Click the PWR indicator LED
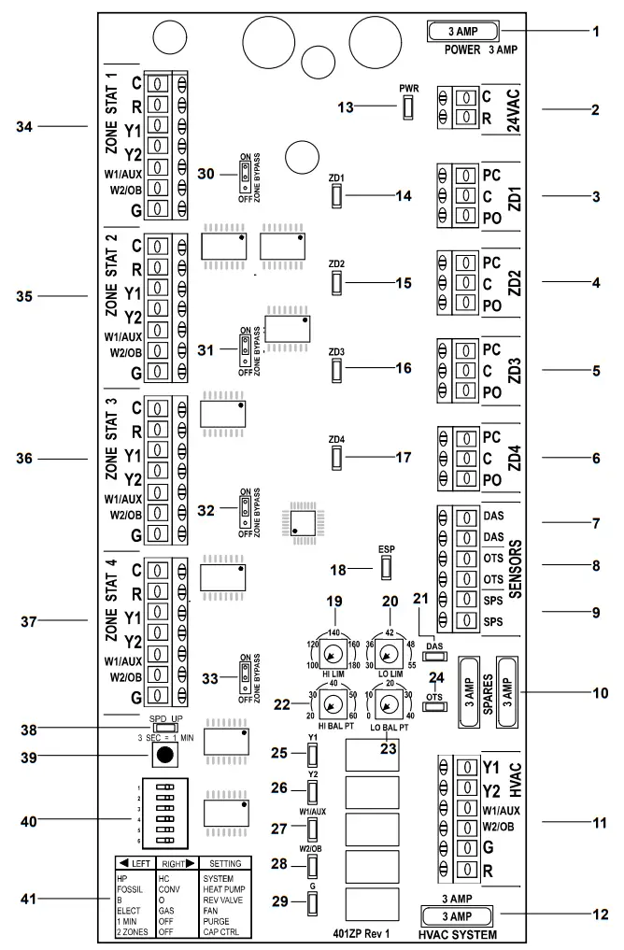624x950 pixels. coord(408,108)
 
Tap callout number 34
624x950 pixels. coord(50,124)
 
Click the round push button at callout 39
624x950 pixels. coord(164,754)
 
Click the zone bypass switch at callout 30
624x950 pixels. coord(245,172)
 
